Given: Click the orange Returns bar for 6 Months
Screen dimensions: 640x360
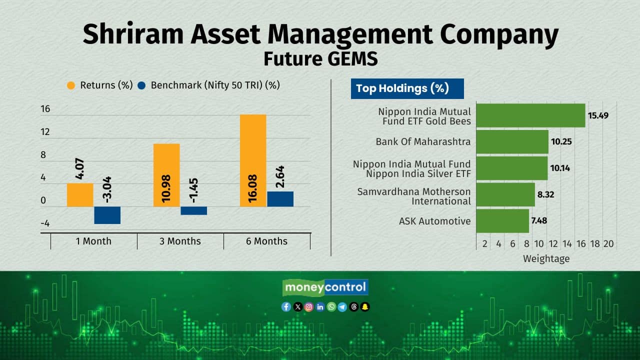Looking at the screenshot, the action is tap(253, 160).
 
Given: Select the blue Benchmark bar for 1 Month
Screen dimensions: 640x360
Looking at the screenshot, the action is tap(107, 215).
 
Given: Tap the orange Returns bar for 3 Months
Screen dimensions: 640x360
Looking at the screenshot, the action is tap(166, 175).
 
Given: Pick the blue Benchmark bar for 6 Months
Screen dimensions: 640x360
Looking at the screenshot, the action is tap(280, 199).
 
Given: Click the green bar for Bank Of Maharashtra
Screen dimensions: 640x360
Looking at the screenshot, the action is tap(512, 141).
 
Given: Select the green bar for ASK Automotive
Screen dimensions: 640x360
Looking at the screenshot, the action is tap(502, 221).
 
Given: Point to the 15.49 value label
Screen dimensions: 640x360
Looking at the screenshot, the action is tap(598, 115).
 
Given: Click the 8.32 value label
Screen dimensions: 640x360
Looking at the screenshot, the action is tap(545, 194).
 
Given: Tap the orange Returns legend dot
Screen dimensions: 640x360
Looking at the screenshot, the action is tap(71, 85).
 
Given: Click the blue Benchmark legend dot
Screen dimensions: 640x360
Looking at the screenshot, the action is tap(141, 85).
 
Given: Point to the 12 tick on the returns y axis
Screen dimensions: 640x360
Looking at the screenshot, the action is tap(45, 131).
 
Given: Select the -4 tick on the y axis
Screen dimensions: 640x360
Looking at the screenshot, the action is tap(45, 223).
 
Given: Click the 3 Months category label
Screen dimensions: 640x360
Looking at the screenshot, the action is tap(180, 241).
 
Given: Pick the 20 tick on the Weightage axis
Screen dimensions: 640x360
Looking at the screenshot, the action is tap(608, 243).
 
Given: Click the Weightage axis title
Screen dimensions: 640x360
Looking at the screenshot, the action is tap(546, 258).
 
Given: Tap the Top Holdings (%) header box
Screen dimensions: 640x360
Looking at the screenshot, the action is tap(407, 89).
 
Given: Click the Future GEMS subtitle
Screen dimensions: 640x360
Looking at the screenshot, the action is tap(320, 58).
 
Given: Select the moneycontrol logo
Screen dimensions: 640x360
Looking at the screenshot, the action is tap(325, 287).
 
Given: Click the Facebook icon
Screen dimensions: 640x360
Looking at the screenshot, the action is tap(286, 307).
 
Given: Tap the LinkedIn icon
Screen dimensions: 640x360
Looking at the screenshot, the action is tap(320, 307).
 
